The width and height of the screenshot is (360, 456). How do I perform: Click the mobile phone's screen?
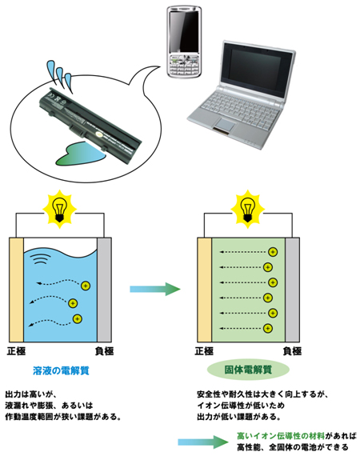[x=184, y=31]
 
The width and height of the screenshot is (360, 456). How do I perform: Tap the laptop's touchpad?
[x=226, y=124]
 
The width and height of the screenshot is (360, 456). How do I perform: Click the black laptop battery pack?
[x=90, y=125]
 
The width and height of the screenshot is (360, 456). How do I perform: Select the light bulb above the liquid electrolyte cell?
[x=60, y=209]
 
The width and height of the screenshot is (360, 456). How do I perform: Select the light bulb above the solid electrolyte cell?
[x=247, y=209]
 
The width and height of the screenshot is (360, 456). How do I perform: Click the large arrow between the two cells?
[x=155, y=289]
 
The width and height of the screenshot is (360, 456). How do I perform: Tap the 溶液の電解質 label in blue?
[x=61, y=370]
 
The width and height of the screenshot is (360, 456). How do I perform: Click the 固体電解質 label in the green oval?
[x=248, y=370]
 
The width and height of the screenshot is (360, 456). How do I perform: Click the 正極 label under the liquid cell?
[x=16, y=351]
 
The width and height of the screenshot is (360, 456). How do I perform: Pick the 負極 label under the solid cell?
[x=292, y=351]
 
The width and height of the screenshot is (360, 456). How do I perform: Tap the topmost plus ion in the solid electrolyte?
[x=273, y=252]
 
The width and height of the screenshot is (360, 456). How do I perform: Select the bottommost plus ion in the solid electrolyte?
[x=267, y=328]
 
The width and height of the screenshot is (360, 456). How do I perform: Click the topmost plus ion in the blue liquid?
[x=86, y=286]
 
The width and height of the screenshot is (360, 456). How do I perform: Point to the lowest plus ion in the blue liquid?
[x=77, y=319]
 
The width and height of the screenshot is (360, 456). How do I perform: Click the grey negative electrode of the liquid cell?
[x=104, y=290]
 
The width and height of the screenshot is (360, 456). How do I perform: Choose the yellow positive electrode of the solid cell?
[x=205, y=290]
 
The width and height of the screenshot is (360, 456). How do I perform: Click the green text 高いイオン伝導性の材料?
[x=281, y=436]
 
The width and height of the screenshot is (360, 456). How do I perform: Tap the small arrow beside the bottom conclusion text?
[x=203, y=442]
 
